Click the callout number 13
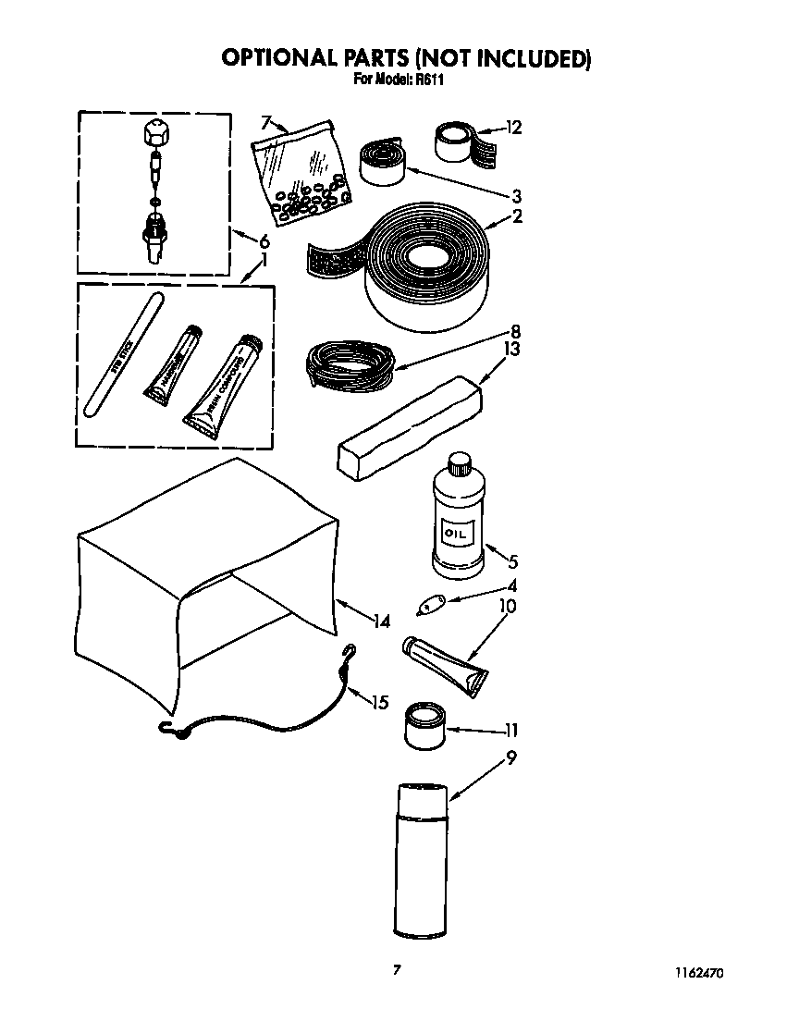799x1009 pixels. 510,349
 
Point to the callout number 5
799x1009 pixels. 512,560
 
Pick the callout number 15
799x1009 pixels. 379,702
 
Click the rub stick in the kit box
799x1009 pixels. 123,353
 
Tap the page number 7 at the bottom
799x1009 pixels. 397,969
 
